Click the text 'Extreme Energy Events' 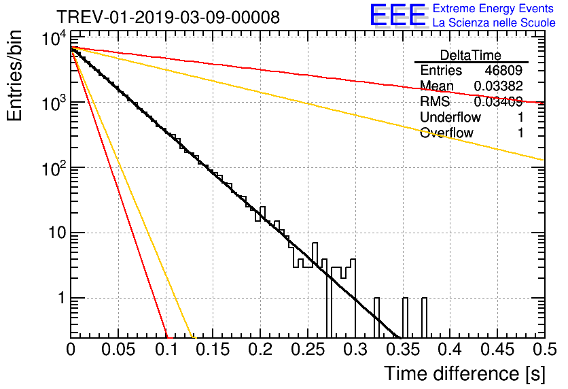(493, 9)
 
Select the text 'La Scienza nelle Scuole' (493, 22)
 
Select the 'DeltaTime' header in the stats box (471, 55)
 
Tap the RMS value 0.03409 (499, 102)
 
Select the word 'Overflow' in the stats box (446, 133)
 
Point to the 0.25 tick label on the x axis (308, 350)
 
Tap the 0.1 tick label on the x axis (166, 350)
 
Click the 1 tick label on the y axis (60, 299)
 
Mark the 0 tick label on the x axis (71, 350)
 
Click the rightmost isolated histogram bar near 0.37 (425, 317)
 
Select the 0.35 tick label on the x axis (403, 350)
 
